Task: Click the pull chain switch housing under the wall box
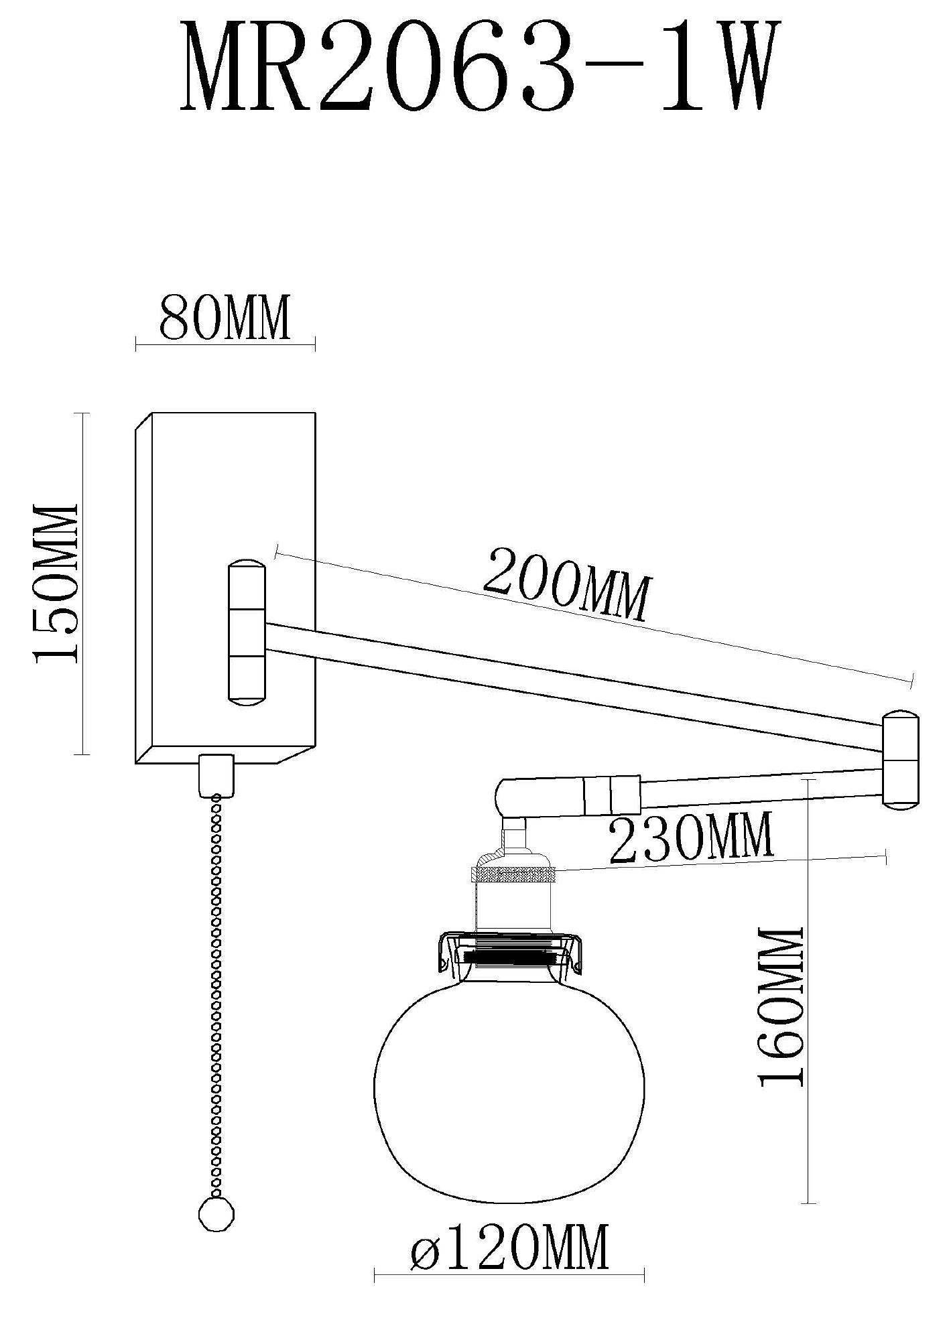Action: tap(218, 775)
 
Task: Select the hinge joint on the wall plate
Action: tap(246, 631)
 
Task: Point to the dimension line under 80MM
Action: tap(225, 346)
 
